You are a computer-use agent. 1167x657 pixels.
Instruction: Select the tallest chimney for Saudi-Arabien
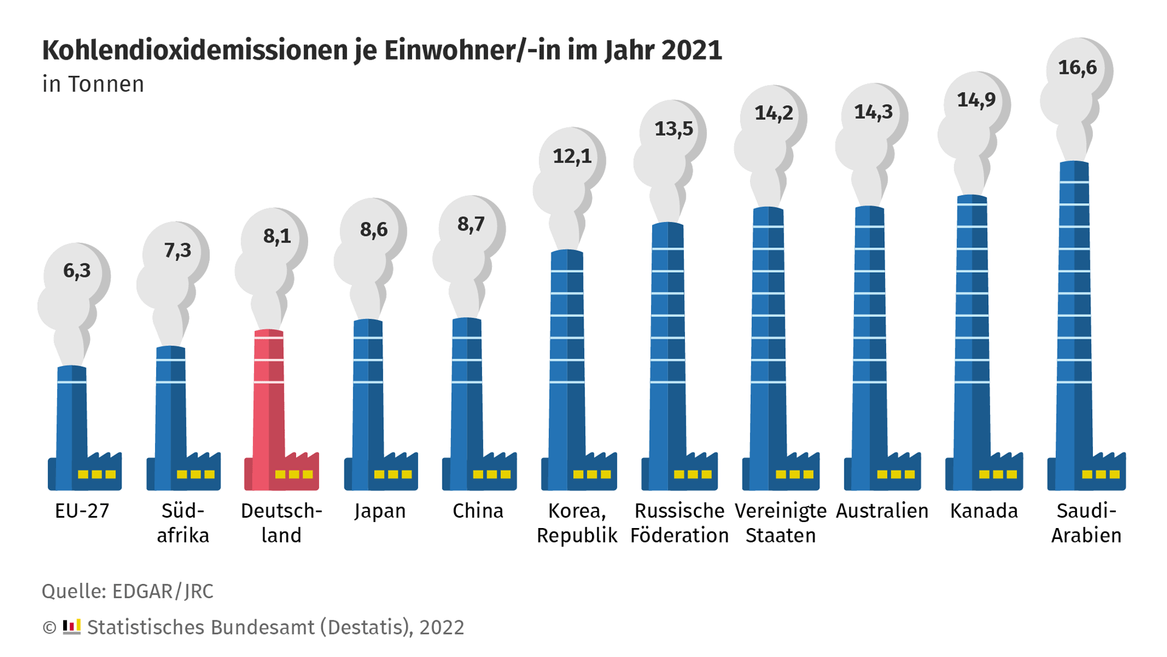pos(1074,322)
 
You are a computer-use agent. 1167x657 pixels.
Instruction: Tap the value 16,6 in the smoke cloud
pos(1077,68)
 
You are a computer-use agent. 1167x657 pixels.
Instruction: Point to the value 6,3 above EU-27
pos(77,271)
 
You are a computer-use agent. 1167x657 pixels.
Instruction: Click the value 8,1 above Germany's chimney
pos(277,236)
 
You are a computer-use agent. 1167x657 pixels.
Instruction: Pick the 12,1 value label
pos(572,157)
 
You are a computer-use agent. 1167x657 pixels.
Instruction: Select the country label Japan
pos(380,511)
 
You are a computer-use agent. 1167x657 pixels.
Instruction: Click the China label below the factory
pos(478,511)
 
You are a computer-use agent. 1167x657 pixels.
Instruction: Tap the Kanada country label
pos(983,511)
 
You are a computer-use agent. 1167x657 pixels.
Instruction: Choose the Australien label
pos(882,511)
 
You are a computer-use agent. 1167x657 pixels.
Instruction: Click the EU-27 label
pos(82,511)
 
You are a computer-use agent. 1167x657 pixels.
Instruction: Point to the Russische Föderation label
pos(679,523)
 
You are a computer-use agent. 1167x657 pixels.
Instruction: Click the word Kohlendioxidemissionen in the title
pos(194,50)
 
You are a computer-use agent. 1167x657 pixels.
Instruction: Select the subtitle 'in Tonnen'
pos(93,85)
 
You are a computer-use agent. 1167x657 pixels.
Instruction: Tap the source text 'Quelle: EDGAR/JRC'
pos(128,591)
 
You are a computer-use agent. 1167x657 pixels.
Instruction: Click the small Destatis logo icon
pos(72,627)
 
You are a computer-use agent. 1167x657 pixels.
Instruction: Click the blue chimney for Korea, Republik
pos(566,365)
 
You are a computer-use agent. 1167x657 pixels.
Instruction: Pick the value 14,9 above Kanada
pos(976,100)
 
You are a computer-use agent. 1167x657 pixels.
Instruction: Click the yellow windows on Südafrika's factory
pos(195,474)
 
